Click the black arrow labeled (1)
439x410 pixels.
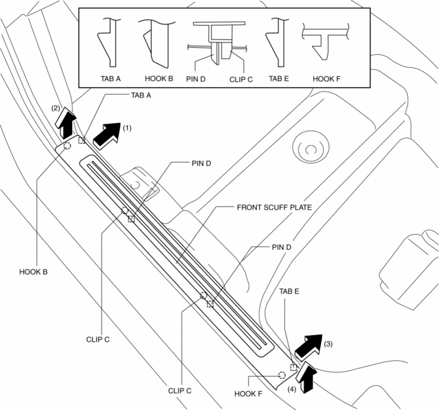pyautogui.click(x=107, y=133)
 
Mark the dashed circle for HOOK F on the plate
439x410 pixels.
pyautogui.click(x=282, y=375)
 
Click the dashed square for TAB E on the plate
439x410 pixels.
pyautogui.click(x=294, y=367)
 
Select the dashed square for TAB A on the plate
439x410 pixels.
pyautogui.click(x=82, y=140)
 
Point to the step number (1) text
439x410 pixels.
pyautogui.click(x=127, y=128)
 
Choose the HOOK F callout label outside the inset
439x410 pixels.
pyautogui.click(x=248, y=394)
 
